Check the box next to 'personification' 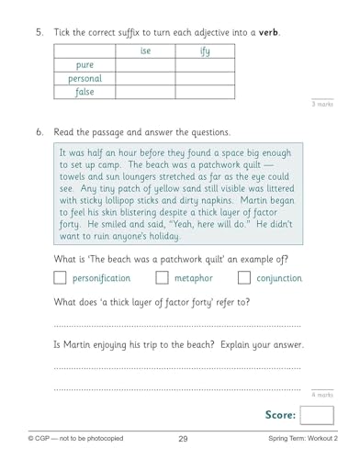[x=62, y=277]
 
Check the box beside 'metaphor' [x=162, y=277]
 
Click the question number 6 [x=39, y=132]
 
